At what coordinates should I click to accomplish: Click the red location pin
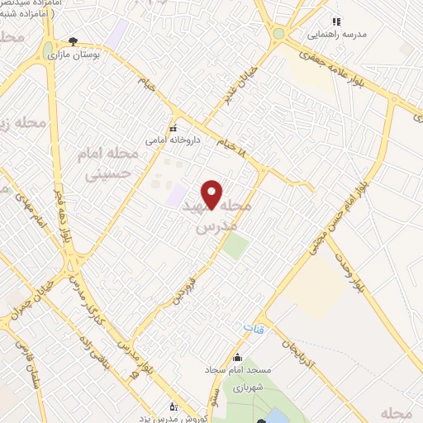(x=213, y=195)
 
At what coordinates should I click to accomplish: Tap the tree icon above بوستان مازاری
(x=73, y=41)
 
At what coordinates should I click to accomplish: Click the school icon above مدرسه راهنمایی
(x=335, y=22)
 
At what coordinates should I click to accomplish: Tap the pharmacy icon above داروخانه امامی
(x=173, y=127)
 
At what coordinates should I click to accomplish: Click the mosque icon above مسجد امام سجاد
(x=238, y=358)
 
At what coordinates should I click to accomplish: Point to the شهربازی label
(x=245, y=387)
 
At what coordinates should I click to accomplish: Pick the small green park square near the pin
(x=235, y=245)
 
